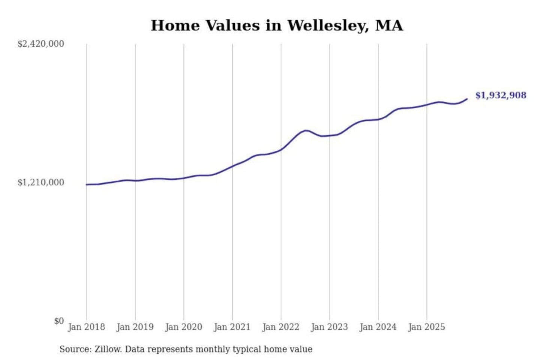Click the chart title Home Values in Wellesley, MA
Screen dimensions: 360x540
pyautogui.click(x=277, y=25)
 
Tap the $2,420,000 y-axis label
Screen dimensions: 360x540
pyautogui.click(x=40, y=44)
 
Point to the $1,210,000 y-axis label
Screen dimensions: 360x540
pyautogui.click(x=40, y=183)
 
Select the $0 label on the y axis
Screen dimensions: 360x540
pyautogui.click(x=59, y=321)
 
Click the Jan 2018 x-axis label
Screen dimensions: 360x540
pyautogui.click(x=86, y=327)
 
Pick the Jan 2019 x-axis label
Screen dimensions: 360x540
pyautogui.click(x=135, y=327)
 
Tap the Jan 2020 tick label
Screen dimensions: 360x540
pyautogui.click(x=183, y=327)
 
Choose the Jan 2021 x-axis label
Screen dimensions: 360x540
pyautogui.click(x=232, y=327)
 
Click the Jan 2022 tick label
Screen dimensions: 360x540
pyautogui.click(x=280, y=327)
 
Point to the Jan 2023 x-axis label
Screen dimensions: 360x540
pyautogui.click(x=329, y=327)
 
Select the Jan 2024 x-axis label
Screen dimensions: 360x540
pyautogui.click(x=378, y=327)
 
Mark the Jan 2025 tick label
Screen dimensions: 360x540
pyautogui.click(x=426, y=327)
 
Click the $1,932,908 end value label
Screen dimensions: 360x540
pyautogui.click(x=501, y=95)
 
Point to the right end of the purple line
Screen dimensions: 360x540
pyautogui.click(x=467, y=99)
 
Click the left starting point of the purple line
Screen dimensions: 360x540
pyautogui.click(x=87, y=184)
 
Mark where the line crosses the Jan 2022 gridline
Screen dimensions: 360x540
pyautogui.click(x=281, y=149)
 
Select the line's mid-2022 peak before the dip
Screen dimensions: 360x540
pyautogui.click(x=306, y=130)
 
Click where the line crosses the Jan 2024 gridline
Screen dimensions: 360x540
pyautogui.click(x=378, y=119)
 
